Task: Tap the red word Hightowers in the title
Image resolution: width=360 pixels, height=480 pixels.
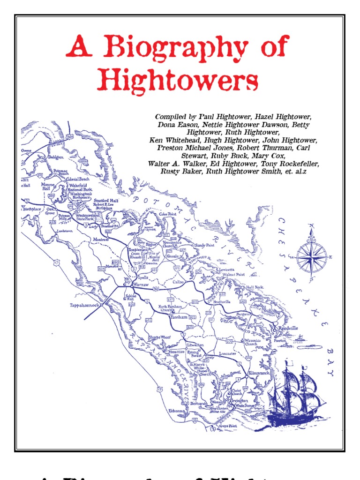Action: (x=178, y=81)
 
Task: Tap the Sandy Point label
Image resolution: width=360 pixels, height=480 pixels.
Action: (x=205, y=245)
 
